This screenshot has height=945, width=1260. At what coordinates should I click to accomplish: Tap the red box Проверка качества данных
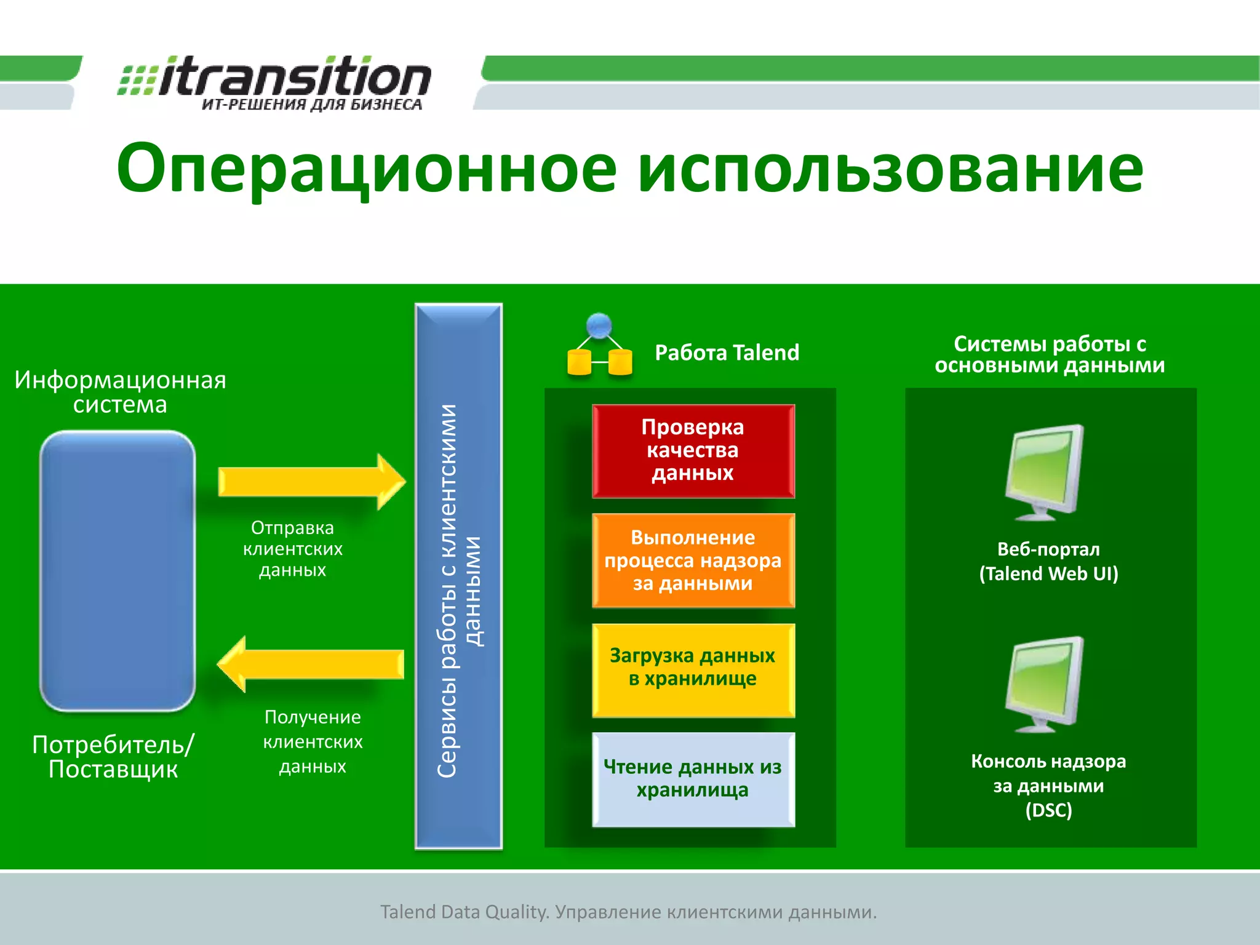coord(693,451)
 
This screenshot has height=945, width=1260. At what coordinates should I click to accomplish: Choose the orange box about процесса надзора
coord(693,560)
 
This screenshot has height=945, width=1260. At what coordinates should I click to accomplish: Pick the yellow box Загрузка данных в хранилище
coord(693,669)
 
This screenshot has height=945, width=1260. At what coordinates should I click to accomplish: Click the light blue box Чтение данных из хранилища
coord(693,779)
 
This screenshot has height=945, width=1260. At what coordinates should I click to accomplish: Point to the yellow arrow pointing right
coord(311,482)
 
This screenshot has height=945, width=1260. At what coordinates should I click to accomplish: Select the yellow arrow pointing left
coord(311,664)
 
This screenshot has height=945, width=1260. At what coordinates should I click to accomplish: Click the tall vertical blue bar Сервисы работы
coord(458,575)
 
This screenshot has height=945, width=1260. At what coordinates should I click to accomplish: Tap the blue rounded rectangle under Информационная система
coord(118,570)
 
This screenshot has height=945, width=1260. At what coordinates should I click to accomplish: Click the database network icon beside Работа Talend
coord(599,346)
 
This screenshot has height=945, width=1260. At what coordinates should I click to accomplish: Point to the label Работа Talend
coord(727,353)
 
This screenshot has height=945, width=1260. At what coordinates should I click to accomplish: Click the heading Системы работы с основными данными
coord(1050,354)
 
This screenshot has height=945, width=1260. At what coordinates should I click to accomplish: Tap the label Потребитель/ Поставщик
coord(113,757)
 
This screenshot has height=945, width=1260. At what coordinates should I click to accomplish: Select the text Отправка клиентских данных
coord(293,549)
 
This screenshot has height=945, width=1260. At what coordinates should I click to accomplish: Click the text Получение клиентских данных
coord(313,741)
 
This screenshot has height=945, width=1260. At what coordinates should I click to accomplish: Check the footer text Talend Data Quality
coord(628,912)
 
